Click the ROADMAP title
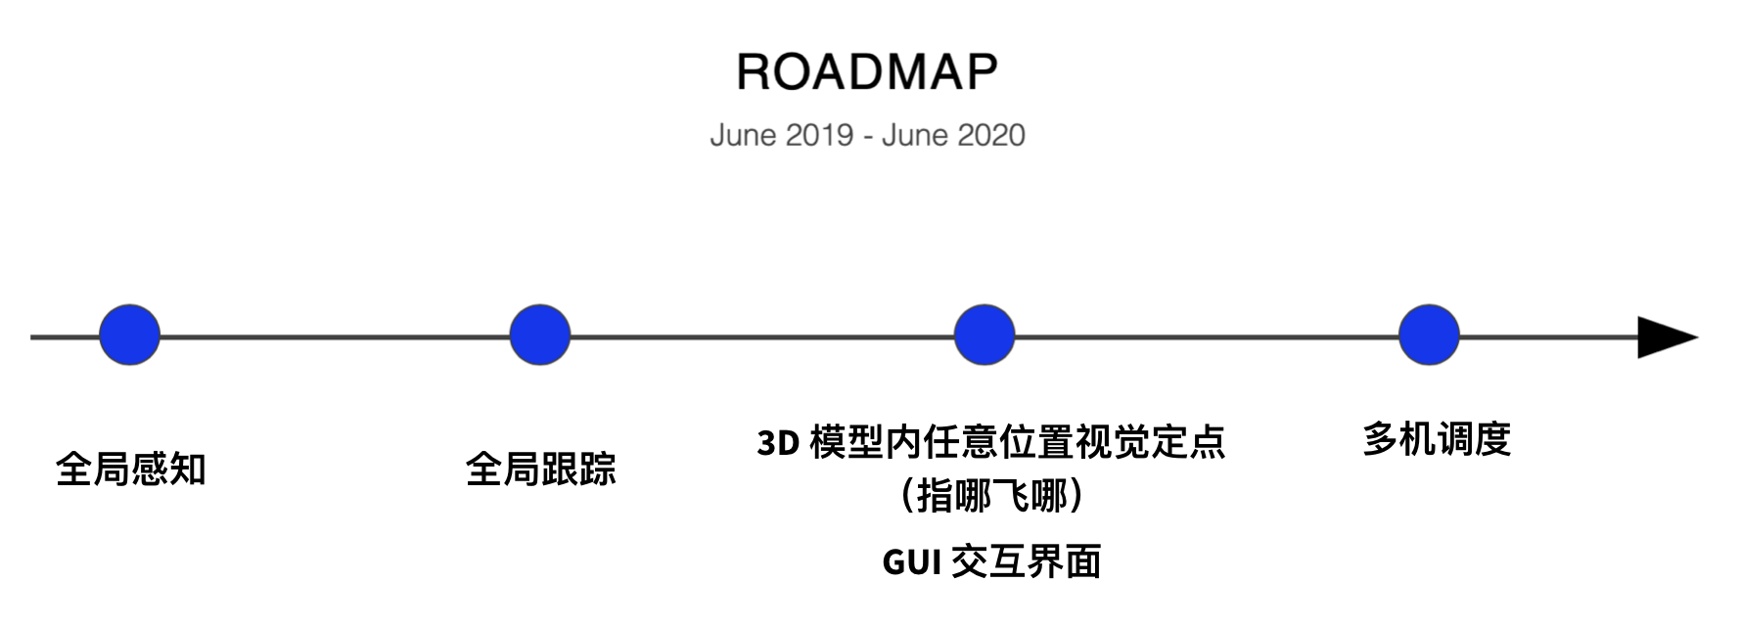867,71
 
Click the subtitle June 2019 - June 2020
867,135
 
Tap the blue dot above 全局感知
130,335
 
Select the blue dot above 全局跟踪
540,335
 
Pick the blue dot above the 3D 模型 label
984,335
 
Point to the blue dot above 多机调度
1429,335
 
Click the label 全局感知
131,469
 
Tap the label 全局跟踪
541,469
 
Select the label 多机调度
1437,439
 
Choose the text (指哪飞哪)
991,496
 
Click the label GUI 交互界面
991,561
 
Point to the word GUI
911,562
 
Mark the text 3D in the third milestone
779,443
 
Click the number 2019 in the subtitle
820,135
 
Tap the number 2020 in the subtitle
991,135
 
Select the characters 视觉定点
1150,442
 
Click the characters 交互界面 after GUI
1027,561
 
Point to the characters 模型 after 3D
847,442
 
